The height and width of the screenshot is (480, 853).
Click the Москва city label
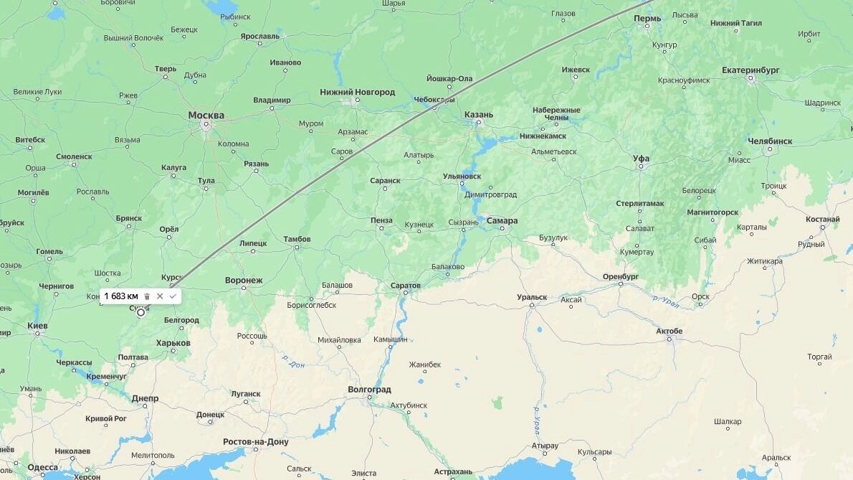pyautogui.click(x=206, y=115)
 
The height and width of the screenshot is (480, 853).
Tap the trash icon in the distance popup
pyautogui.click(x=147, y=296)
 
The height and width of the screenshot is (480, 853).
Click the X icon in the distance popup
pyautogui.click(x=160, y=296)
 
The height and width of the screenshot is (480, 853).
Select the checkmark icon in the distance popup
pyautogui.click(x=173, y=296)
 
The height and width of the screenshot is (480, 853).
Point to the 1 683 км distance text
pyautogui.click(x=121, y=296)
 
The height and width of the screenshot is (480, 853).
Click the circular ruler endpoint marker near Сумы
pyautogui.click(x=140, y=312)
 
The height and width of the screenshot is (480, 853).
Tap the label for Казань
pyautogui.click(x=478, y=114)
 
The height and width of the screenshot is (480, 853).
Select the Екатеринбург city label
pyautogui.click(x=750, y=70)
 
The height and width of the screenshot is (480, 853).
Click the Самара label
pyautogui.click(x=502, y=220)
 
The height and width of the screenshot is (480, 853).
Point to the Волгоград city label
pyautogui.click(x=369, y=390)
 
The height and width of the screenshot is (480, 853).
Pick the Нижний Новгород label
pyautogui.click(x=357, y=92)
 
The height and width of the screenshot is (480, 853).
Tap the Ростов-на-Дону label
pyautogui.click(x=256, y=441)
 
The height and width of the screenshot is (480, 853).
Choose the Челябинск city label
pyautogui.click(x=770, y=141)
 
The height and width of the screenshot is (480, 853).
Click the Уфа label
pyautogui.click(x=641, y=159)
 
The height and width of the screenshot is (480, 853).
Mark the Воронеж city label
pyautogui.click(x=244, y=280)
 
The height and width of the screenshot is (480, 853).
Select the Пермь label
pyautogui.click(x=647, y=18)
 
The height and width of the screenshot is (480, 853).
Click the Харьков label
pyautogui.click(x=173, y=343)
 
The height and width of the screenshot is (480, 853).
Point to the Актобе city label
pyautogui.click(x=669, y=331)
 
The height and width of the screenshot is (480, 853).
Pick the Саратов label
pyautogui.click(x=406, y=286)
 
